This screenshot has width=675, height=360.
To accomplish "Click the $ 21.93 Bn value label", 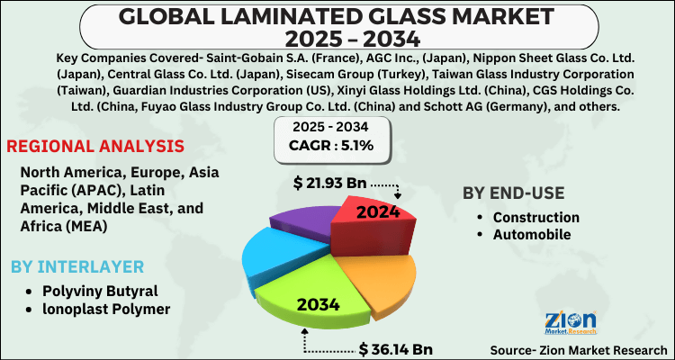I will (329, 184).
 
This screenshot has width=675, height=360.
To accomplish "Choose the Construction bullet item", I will (535, 217).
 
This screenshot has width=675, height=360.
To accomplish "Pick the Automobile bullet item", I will (530, 234).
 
